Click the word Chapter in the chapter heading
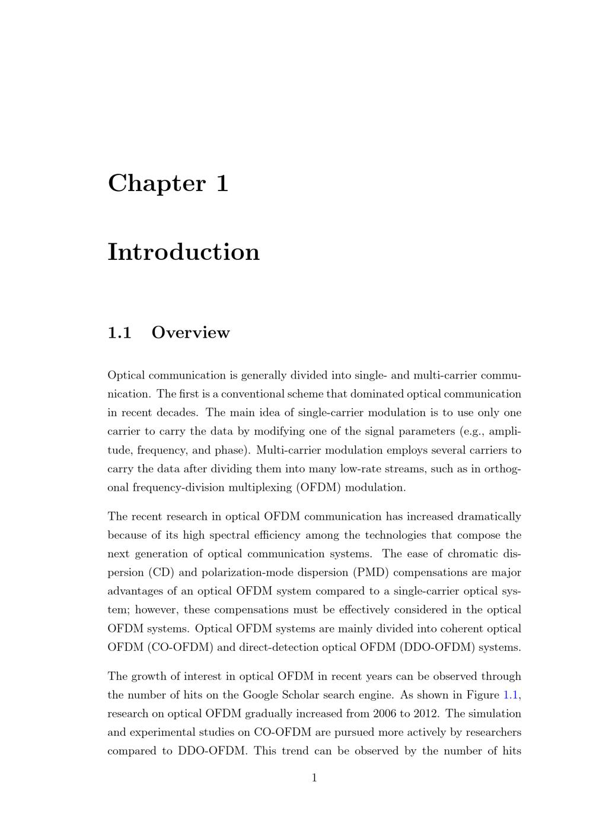pos(148,183)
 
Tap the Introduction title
pos(184,252)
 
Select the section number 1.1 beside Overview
pos(119,333)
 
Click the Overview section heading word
pos(190,333)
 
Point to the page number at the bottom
pos(314,778)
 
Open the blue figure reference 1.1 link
pos(511,695)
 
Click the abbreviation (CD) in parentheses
pos(153,573)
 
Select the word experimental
pos(159,732)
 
